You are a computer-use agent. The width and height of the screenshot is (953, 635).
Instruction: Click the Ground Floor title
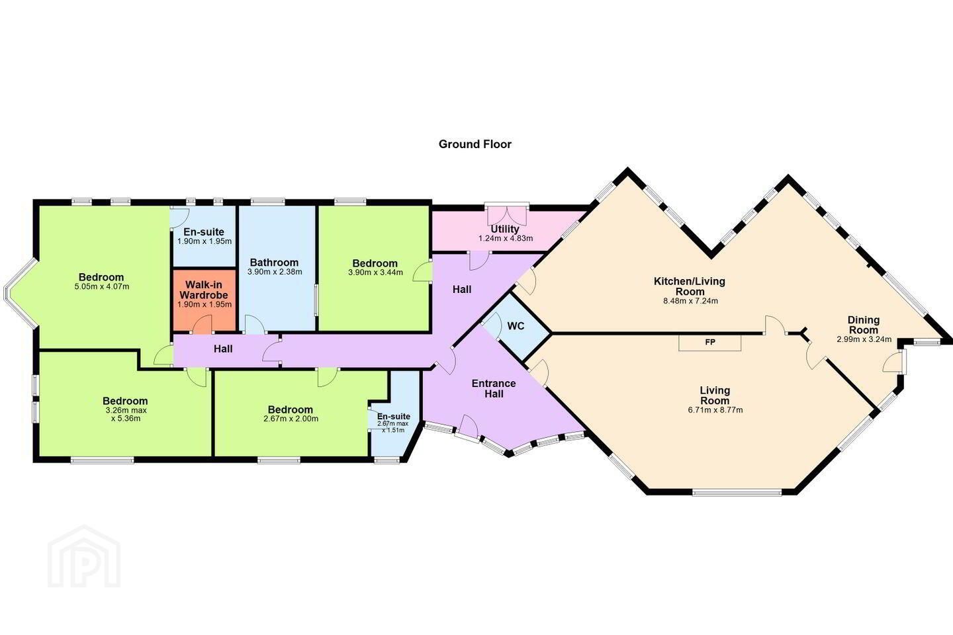475,144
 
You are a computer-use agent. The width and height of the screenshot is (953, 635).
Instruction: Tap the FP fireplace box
709,343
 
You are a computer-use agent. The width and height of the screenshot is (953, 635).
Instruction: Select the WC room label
516,326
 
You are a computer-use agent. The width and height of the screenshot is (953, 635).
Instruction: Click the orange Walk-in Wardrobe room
204,300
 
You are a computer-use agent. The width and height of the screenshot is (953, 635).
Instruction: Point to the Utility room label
505,229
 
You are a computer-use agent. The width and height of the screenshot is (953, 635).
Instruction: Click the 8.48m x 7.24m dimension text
690,301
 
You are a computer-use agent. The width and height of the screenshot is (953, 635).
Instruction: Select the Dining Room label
863,325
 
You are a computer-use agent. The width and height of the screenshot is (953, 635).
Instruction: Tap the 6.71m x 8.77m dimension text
715,410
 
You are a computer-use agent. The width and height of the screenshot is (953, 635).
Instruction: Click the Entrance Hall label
494,389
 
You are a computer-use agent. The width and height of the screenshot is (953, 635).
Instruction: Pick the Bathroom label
274,263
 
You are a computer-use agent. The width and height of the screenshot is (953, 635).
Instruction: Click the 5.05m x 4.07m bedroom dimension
102,286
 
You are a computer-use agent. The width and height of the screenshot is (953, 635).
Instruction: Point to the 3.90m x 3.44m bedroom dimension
375,273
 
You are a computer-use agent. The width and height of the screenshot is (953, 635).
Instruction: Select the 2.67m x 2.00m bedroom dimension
291,419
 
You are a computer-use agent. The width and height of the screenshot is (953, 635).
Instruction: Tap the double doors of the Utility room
506,216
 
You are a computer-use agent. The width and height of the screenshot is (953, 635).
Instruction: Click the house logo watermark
84,557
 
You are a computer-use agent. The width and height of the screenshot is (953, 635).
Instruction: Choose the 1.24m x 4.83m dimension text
506,239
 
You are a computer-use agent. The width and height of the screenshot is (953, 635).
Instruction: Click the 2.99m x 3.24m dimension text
864,339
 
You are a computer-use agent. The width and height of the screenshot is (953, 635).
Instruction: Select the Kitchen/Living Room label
689,286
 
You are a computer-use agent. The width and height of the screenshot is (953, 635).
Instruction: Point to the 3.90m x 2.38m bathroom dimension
275,272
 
